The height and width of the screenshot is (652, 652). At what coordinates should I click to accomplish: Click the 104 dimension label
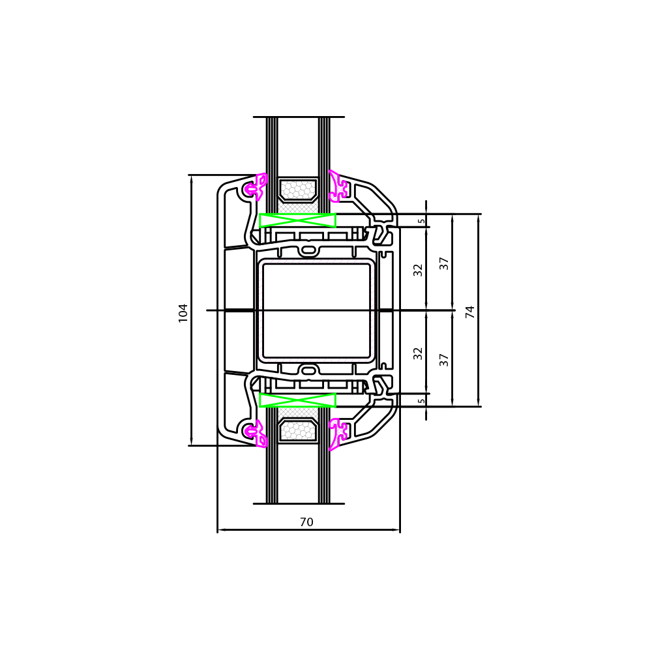coord(183,313)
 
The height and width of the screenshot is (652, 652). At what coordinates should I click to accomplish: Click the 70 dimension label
coord(306,522)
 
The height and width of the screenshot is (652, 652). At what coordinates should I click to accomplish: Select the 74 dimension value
coord(470,312)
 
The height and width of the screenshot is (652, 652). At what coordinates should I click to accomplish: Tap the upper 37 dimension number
coord(444,263)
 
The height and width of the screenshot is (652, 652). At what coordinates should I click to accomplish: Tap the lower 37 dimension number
coord(444,360)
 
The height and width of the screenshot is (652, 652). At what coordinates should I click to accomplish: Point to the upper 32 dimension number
coord(418,270)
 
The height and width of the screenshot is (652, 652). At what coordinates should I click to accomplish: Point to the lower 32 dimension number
coord(418,353)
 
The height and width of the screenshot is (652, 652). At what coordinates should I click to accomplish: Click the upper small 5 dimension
coord(422,221)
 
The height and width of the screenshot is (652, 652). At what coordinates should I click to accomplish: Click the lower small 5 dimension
coord(422,401)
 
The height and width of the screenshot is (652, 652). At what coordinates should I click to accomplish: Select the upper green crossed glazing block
coord(298,220)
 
